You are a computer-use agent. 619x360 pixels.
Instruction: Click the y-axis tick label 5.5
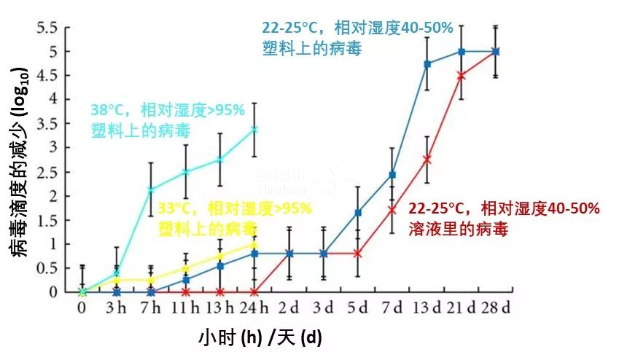click(46, 28)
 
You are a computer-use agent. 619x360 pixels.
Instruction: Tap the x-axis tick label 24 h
click(254, 308)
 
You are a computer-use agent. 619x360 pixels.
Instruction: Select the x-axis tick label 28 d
click(496, 308)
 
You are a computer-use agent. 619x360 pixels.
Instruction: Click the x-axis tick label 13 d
click(427, 308)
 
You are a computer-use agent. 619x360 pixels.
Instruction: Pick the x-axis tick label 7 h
click(151, 308)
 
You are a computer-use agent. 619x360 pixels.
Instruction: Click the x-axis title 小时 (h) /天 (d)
click(260, 338)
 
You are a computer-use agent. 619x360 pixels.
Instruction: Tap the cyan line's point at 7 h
click(151, 190)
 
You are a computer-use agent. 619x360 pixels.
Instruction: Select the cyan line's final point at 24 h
click(254, 130)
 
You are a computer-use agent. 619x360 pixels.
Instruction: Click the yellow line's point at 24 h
click(254, 243)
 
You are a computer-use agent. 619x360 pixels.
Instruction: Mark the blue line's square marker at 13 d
click(427, 64)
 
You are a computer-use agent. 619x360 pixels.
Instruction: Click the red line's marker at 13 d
click(427, 159)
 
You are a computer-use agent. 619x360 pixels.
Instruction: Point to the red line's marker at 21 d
click(462, 76)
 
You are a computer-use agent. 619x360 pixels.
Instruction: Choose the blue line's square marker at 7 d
click(392, 175)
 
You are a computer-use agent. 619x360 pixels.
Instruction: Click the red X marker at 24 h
click(254, 291)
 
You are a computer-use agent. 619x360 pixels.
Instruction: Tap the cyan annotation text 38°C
click(108, 111)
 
